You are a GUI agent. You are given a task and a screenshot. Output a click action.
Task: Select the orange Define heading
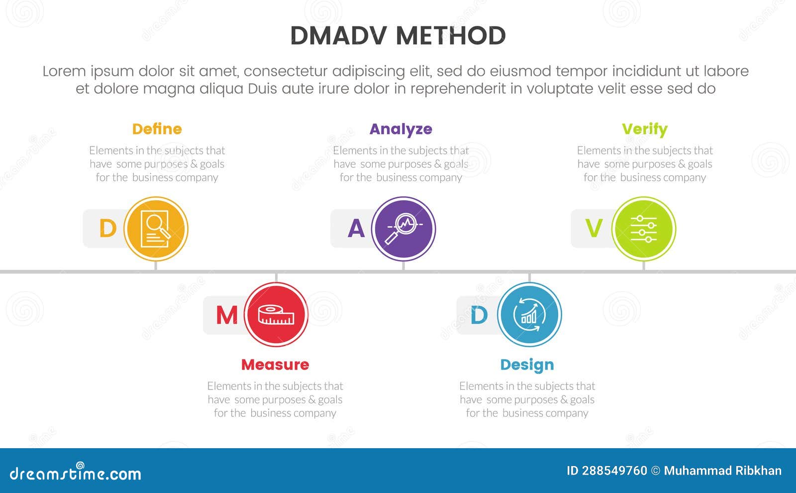tap(157, 129)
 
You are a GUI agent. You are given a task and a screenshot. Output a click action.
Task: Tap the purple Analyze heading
tap(400, 129)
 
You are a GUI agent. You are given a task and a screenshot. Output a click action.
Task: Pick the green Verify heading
tap(644, 129)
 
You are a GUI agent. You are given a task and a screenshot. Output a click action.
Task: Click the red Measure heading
tap(275, 365)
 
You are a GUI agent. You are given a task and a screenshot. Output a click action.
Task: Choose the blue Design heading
tap(527, 365)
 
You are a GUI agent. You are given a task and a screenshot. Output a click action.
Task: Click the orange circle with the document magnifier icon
tap(156, 229)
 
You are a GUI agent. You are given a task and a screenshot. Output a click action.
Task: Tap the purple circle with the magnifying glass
tap(403, 229)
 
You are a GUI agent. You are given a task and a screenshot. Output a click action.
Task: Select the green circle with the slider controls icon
tap(644, 229)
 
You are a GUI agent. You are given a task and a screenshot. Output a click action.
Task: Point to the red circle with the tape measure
tap(276, 315)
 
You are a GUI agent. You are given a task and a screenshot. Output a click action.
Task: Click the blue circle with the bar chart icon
tap(529, 315)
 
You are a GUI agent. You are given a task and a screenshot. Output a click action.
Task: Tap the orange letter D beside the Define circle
tap(107, 229)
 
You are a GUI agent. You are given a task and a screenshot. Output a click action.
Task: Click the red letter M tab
tap(227, 315)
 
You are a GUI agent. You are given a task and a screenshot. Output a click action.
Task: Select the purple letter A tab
tap(356, 229)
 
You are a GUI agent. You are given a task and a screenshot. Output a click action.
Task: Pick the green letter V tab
tap(594, 229)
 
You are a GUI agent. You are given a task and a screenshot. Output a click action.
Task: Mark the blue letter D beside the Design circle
tap(479, 315)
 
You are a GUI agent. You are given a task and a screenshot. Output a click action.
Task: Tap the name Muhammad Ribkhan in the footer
tap(722, 471)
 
